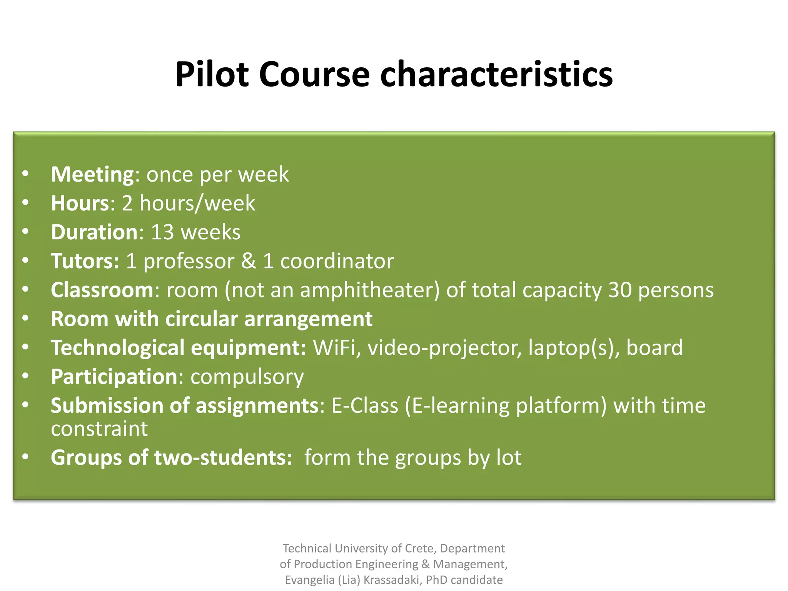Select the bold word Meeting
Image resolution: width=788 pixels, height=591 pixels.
[x=92, y=175]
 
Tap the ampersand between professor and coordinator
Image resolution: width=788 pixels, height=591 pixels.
[x=249, y=261]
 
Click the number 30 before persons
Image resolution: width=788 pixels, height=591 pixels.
[x=620, y=290]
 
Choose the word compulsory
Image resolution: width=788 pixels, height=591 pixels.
[x=247, y=377]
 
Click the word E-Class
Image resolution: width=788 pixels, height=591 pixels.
[x=365, y=406]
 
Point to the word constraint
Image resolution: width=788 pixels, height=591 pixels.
[x=99, y=429]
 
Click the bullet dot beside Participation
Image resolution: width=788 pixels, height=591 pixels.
[x=25, y=376]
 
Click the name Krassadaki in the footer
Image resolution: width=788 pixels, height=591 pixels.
[x=392, y=580]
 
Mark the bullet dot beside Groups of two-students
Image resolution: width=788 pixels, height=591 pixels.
[x=25, y=457]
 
